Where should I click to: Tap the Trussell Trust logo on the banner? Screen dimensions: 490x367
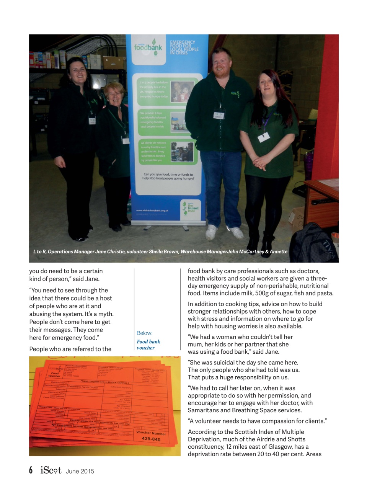(x=190, y=207)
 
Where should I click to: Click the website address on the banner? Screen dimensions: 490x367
(x=152, y=211)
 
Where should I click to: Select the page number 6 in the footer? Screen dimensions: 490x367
(x=31, y=470)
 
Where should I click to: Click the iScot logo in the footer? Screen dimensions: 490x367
(x=51, y=470)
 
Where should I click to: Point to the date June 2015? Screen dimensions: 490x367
(x=80, y=471)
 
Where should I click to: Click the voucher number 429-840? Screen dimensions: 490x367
(x=151, y=439)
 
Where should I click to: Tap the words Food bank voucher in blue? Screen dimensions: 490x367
(x=148, y=345)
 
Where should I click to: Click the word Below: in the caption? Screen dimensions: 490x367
(x=144, y=333)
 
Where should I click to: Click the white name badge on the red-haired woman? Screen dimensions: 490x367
(x=264, y=137)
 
